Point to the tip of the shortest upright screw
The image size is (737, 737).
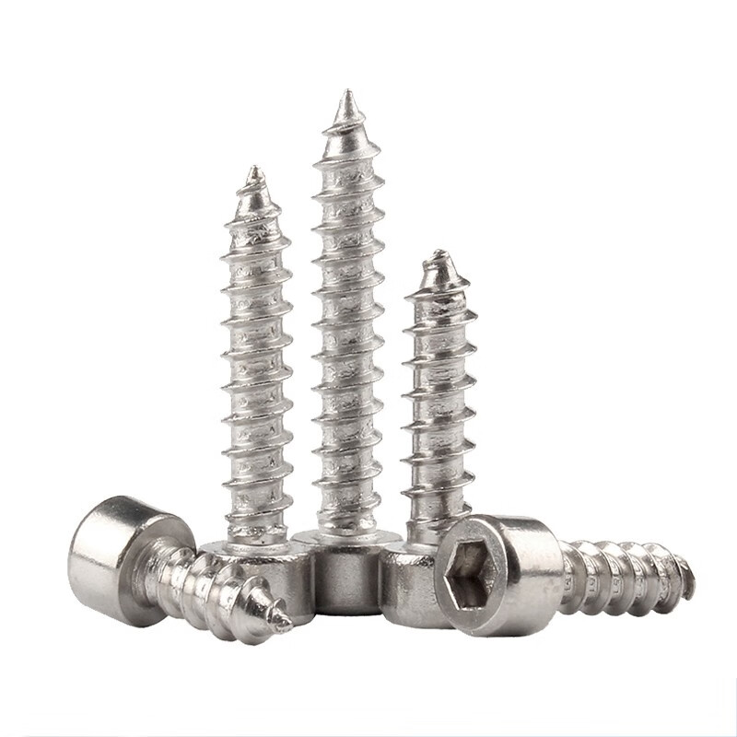439,253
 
